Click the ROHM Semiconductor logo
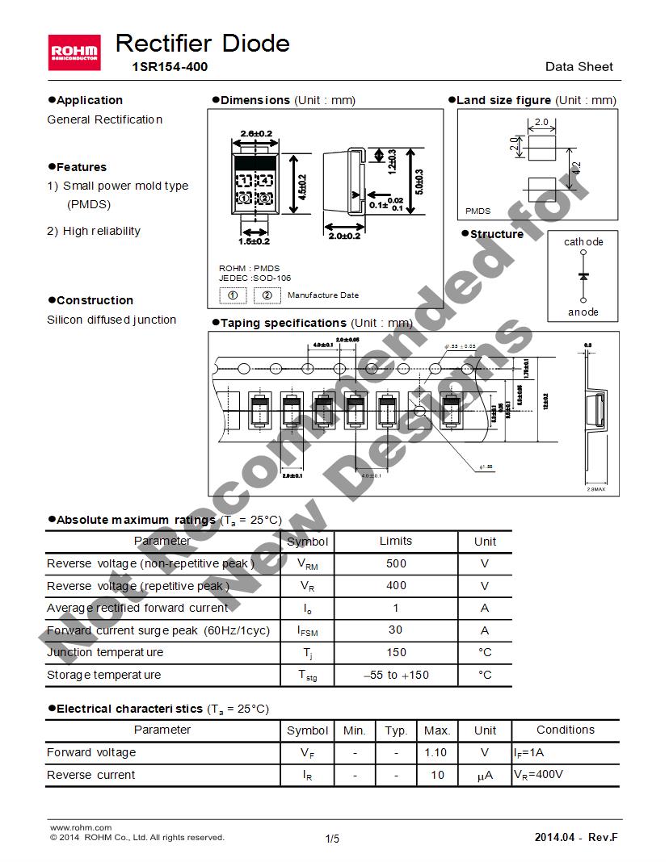pyautogui.click(x=74, y=52)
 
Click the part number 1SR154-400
pyautogui.click(x=170, y=67)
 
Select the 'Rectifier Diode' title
pyautogui.click(x=203, y=43)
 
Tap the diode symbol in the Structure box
pyautogui.click(x=583, y=277)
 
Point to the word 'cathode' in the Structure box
pyautogui.click(x=583, y=242)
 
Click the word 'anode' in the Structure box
pyautogui.click(x=583, y=312)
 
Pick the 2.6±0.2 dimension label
pyautogui.click(x=257, y=133)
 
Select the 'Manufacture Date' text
pyautogui.click(x=323, y=295)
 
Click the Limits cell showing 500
pyautogui.click(x=396, y=563)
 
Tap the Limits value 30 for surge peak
pyautogui.click(x=396, y=630)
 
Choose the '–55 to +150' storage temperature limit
pyautogui.click(x=396, y=675)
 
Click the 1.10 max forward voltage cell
pyautogui.click(x=436, y=752)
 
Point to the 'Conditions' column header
pyautogui.click(x=566, y=730)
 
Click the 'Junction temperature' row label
pyautogui.click(x=105, y=652)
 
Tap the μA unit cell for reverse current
pyautogui.click(x=485, y=776)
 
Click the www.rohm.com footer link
pyautogui.click(x=81, y=827)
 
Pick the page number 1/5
pyautogui.click(x=332, y=839)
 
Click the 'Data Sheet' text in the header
pyautogui.click(x=579, y=67)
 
